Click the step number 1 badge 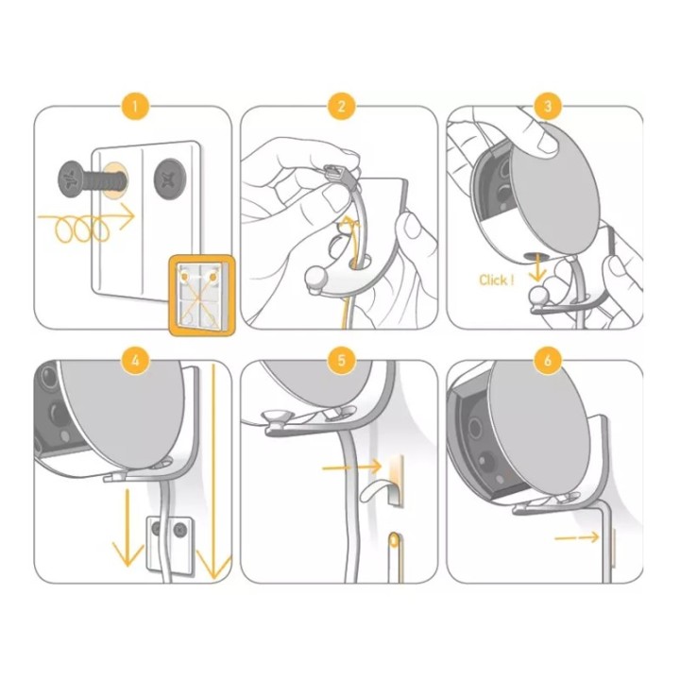(135, 106)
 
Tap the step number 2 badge (341, 106)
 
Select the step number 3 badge (548, 106)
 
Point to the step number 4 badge (135, 361)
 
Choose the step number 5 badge (341, 361)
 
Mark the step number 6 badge (548, 361)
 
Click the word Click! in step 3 (496, 280)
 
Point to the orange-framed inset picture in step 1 (202, 296)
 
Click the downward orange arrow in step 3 (537, 268)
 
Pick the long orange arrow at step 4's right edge (213, 472)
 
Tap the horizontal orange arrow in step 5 (351, 467)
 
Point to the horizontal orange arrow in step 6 (577, 537)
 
